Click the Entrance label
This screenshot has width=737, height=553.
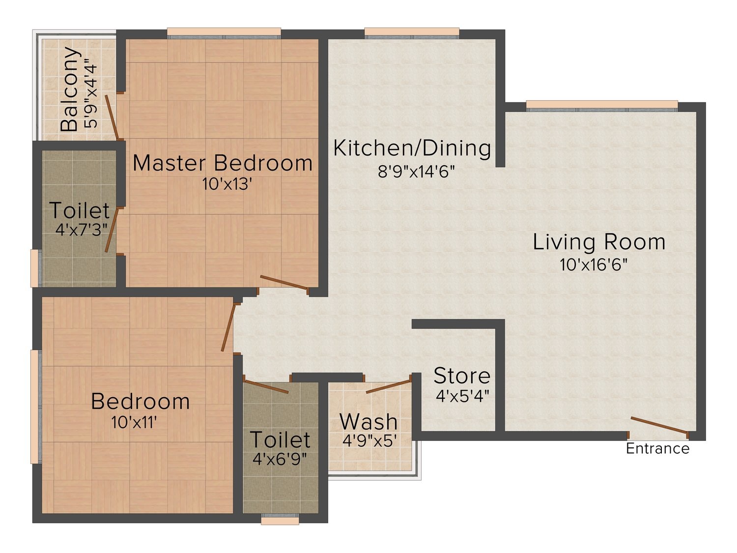657,449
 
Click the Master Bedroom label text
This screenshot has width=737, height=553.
223,164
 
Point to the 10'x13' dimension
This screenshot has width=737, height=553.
227,184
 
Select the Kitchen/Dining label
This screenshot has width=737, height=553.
412,149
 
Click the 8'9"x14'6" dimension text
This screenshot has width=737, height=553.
416,172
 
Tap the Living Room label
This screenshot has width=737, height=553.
599,242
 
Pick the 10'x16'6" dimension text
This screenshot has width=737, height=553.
594,265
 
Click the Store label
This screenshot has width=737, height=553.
462,376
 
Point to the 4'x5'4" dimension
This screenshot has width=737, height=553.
462,396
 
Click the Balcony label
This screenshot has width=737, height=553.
70,88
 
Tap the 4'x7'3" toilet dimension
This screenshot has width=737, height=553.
81,231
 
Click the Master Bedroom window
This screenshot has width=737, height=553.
224,33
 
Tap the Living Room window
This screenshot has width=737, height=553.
602,106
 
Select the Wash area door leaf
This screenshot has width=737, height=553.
389,387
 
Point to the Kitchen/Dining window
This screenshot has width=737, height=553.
412,33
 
